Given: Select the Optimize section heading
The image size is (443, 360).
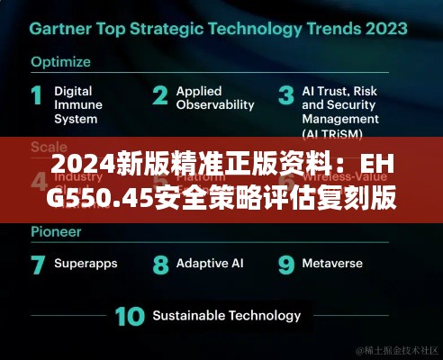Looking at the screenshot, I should (61, 62).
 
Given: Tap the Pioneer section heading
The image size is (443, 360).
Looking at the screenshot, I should (57, 231).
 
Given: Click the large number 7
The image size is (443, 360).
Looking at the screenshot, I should (38, 265).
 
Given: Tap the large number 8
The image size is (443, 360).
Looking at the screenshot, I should (160, 265).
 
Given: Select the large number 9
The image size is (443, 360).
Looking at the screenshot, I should (285, 265).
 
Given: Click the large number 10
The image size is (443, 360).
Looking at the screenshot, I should (129, 317).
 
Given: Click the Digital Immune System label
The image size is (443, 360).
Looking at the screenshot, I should (78, 104).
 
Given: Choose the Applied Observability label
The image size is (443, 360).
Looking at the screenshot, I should (215, 97).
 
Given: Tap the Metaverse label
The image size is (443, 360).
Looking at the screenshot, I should (333, 264).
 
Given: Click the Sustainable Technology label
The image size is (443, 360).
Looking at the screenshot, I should (226, 315).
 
